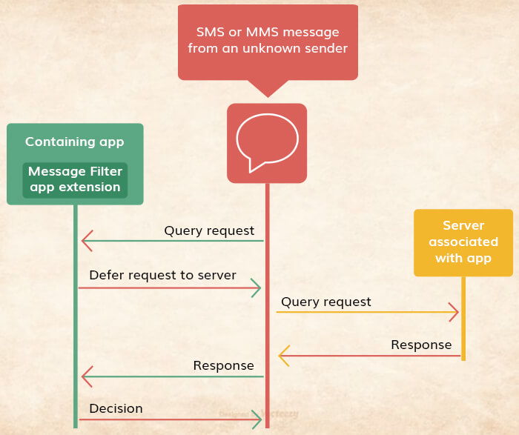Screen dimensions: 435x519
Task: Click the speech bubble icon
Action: (267, 142)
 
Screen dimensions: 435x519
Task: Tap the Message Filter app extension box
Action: (75, 180)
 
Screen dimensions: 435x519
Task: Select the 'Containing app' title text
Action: (75, 142)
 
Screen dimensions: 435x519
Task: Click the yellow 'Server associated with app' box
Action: (463, 242)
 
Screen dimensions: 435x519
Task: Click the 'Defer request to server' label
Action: (162, 275)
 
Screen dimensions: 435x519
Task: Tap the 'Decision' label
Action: (116, 408)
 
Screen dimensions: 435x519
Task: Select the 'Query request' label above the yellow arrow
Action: (326, 302)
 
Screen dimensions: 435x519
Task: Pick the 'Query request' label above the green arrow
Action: (209, 230)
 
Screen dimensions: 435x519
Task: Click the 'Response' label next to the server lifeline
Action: (421, 345)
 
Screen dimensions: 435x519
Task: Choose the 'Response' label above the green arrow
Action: (223, 365)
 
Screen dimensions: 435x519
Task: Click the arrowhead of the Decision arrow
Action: (257, 420)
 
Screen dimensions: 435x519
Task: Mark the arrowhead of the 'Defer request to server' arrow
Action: (257, 288)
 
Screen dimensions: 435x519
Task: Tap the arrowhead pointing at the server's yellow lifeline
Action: (454, 312)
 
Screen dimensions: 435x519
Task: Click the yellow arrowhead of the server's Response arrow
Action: (284, 356)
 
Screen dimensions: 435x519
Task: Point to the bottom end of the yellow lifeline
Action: (463, 359)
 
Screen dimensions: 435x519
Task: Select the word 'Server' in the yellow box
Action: (463, 225)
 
